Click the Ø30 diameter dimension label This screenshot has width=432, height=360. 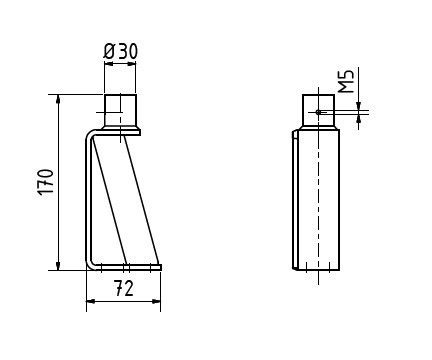[x=121, y=51]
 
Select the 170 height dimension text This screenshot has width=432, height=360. [x=44, y=182]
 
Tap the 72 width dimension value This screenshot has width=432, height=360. [x=124, y=288]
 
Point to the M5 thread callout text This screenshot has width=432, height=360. [x=346, y=82]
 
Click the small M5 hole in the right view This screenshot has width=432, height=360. [x=318, y=112]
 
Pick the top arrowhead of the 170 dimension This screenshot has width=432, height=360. [x=59, y=99]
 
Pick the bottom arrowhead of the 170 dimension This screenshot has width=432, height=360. [x=59, y=266]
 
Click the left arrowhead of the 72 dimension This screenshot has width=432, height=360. [x=91, y=301]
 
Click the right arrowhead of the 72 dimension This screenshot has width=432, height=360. [x=156, y=301]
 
